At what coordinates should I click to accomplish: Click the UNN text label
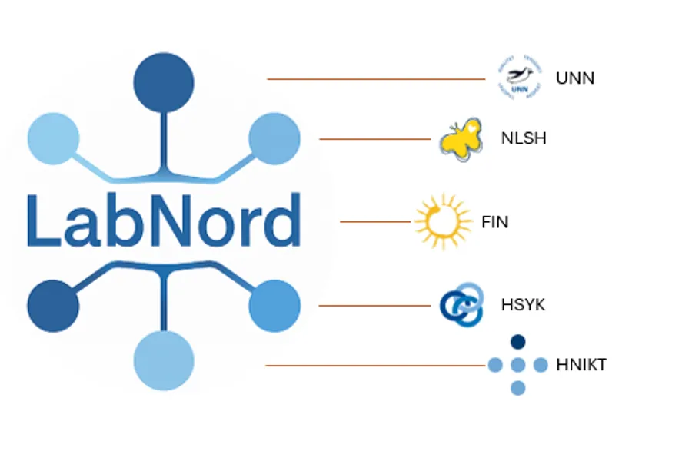(x=575, y=78)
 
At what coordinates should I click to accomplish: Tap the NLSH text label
(x=524, y=138)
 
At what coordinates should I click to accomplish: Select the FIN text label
(x=494, y=222)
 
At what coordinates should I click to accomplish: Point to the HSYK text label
(x=523, y=305)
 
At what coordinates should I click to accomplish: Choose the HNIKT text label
(x=581, y=365)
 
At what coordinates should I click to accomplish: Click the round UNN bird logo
(x=520, y=77)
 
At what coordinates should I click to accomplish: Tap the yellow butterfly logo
(x=461, y=139)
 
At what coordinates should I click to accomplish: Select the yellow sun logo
(x=443, y=221)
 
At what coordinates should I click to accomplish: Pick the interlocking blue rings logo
(x=461, y=305)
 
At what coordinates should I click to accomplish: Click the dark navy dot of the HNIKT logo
(x=518, y=342)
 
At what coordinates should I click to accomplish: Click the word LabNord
(x=164, y=220)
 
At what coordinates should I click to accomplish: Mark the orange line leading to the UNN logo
(x=376, y=79)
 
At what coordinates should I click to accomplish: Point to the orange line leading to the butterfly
(x=374, y=139)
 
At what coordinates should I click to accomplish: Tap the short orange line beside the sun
(x=375, y=221)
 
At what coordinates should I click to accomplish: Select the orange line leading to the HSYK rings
(x=374, y=305)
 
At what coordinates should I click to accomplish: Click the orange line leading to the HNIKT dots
(x=375, y=365)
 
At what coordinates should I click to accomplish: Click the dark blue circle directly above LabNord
(x=164, y=82)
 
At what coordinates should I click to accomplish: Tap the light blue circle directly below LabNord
(x=164, y=361)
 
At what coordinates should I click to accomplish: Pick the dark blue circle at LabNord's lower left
(x=53, y=306)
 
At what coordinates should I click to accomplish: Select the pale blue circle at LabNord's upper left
(x=53, y=138)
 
